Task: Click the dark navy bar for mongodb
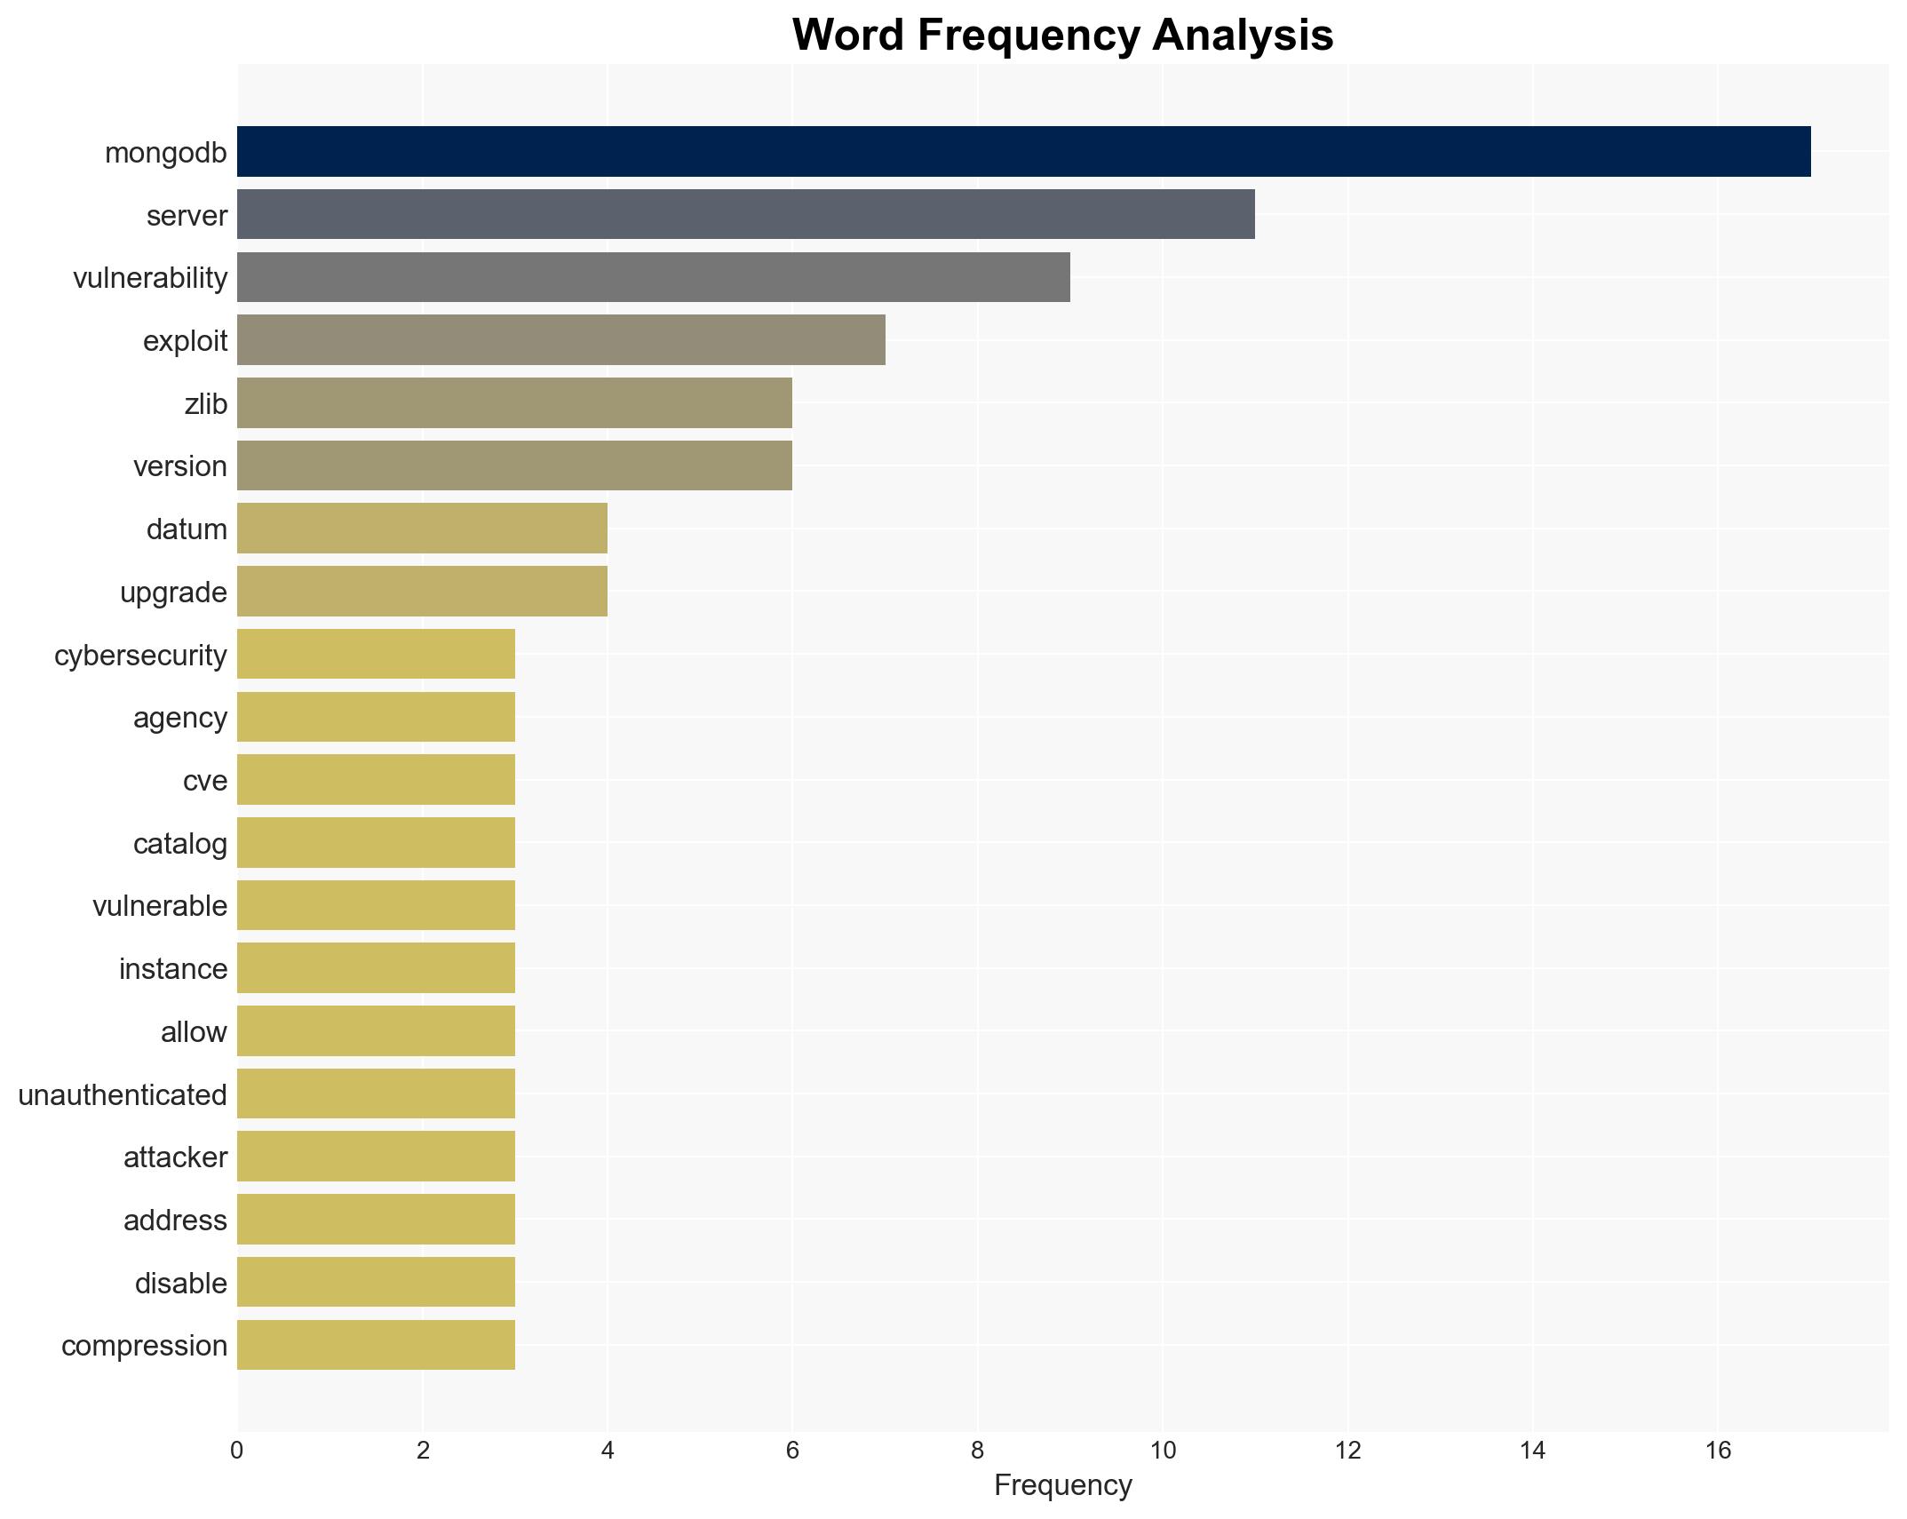1023,152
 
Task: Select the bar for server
745,214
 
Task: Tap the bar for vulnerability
653,277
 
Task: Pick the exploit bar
560,340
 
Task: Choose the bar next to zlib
514,403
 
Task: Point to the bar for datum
422,529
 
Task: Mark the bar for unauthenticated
376,1094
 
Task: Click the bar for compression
376,1345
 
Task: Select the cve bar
376,780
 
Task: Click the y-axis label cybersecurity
140,656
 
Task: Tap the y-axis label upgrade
173,592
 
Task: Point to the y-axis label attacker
175,1157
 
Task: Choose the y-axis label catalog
180,844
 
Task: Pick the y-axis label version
180,466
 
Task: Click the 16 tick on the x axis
1718,1451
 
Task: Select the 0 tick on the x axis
236,1451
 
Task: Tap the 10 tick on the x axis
1163,1451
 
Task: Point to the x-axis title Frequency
1062,1485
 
